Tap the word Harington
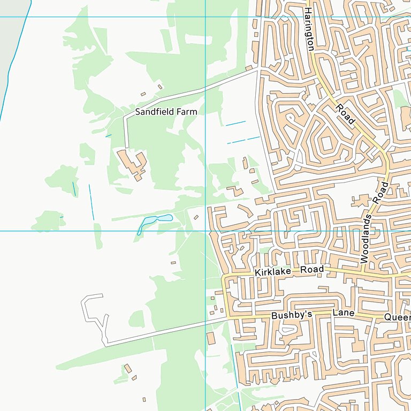309,29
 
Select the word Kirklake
273,272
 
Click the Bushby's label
291,316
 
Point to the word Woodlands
366,238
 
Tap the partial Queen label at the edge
397,317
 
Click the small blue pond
155,220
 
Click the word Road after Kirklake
312,270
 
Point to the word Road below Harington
345,114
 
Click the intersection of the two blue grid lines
205,231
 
